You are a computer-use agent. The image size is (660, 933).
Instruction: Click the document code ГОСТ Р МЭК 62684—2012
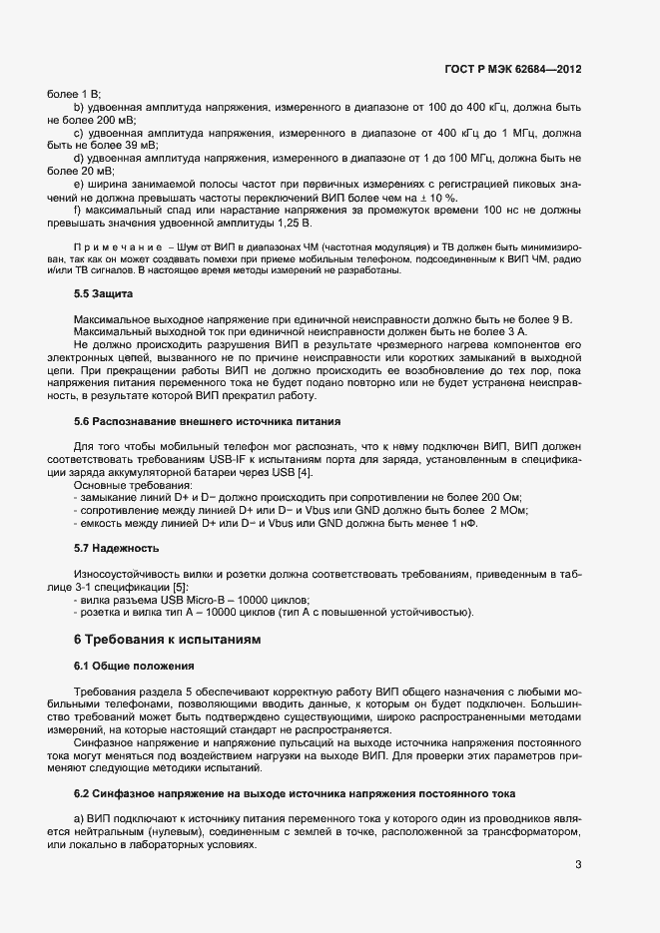(513, 70)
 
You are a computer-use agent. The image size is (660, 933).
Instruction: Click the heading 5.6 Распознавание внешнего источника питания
(208, 421)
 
